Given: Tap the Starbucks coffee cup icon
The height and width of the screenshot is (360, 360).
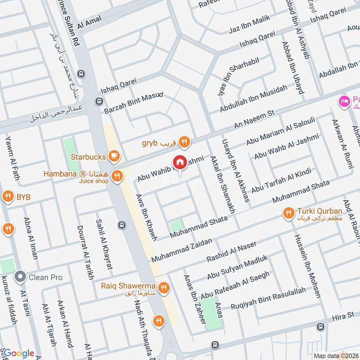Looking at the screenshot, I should [114, 157].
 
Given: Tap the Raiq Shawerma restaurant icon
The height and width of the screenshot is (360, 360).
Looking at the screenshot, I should [164, 287].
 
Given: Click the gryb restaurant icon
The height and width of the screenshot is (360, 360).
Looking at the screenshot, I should [184, 143].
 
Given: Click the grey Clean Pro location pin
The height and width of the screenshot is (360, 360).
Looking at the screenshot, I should [19, 277].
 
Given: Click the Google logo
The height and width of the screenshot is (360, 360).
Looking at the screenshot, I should [18, 353].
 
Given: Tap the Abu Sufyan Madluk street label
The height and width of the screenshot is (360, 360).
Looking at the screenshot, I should [237, 267].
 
